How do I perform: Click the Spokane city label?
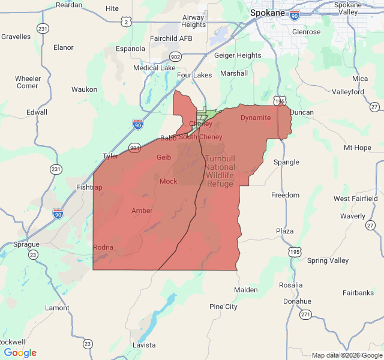(268, 11)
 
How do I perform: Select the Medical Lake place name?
(154, 68)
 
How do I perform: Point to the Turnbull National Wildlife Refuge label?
(220, 171)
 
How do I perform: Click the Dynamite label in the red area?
(256, 118)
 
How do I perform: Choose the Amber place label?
(142, 211)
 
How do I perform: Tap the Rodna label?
(103, 247)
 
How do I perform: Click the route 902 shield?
(175, 56)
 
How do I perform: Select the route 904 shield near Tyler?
(134, 148)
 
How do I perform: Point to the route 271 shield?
(306, 314)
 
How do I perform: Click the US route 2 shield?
(125, 22)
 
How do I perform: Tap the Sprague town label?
(26, 244)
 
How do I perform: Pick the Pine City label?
(223, 307)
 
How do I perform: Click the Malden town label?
(245, 290)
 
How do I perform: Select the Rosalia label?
(290, 284)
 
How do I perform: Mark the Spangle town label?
(286, 162)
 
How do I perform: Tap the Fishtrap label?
(89, 187)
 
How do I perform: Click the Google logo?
(20, 353)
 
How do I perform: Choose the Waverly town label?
(352, 216)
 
